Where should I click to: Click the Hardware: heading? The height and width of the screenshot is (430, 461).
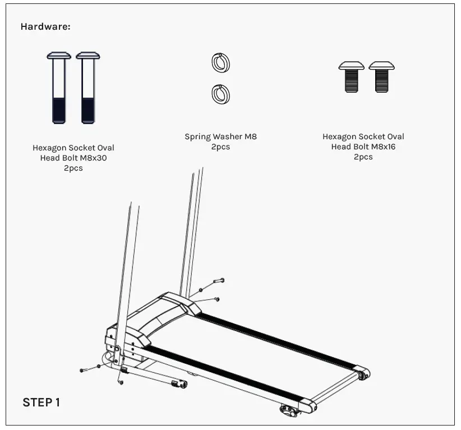(45, 26)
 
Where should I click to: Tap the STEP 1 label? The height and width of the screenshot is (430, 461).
(41, 402)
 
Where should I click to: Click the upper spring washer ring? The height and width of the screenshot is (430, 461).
(221, 62)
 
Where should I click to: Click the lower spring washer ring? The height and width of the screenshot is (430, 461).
(221, 94)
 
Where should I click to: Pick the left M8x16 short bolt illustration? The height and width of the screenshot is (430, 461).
(351, 77)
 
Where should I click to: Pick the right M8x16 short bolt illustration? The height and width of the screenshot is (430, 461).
(381, 77)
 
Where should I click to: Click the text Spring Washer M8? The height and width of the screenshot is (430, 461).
(221, 136)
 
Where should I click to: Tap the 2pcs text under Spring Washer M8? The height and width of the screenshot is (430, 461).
(221, 147)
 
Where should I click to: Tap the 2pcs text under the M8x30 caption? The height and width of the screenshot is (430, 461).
(73, 168)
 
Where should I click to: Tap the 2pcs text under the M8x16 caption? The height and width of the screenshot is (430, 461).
(363, 157)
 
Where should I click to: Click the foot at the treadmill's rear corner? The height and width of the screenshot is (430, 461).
(290, 410)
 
